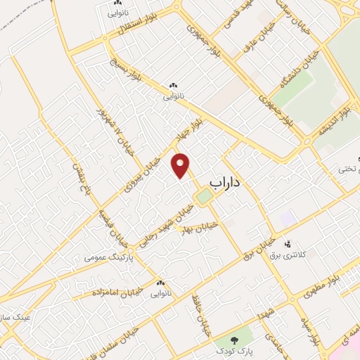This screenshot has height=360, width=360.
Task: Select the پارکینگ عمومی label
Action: point(105,257)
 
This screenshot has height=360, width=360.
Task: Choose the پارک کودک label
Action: point(233,349)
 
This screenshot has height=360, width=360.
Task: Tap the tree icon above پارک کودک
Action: point(233,337)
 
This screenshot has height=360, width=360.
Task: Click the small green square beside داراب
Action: point(203,198)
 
